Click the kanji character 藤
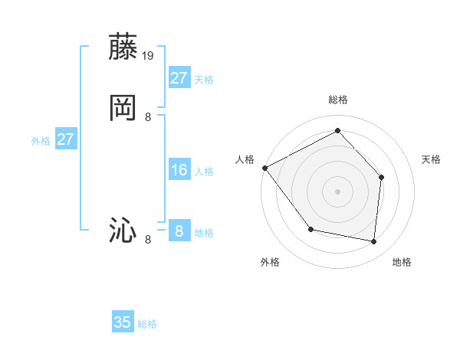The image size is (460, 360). [x=123, y=47]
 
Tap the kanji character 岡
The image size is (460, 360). [x=123, y=108]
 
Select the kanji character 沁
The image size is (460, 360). [x=123, y=231]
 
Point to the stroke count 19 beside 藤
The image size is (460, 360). [x=149, y=55]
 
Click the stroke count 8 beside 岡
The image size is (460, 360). [x=148, y=116]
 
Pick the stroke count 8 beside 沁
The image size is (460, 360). [x=148, y=240]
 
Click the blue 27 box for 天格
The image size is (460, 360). [x=179, y=78]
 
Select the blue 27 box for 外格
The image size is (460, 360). [x=66, y=139]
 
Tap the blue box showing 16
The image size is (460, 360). [x=179, y=170]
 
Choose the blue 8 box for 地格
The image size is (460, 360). [x=179, y=231]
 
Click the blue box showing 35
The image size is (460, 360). [x=123, y=322]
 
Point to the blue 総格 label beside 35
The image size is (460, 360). [x=148, y=324]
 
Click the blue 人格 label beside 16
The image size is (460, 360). [x=204, y=172]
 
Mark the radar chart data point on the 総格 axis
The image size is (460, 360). [x=337, y=130]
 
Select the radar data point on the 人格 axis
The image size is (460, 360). [x=264, y=168]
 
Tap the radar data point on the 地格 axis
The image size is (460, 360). [x=374, y=242]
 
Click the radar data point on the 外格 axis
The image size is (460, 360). [x=310, y=229]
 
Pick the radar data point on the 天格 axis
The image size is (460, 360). [x=382, y=177]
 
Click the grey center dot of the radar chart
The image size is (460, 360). [x=337, y=191]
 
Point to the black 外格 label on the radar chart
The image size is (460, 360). [x=270, y=262]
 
